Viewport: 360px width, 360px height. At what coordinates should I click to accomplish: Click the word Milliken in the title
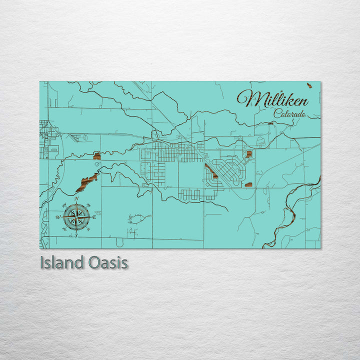pos(273,99)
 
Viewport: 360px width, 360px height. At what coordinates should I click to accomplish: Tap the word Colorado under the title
pos(289,114)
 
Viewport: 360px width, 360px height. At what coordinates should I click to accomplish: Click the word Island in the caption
pos(61,262)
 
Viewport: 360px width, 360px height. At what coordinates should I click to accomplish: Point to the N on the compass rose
pos(76,199)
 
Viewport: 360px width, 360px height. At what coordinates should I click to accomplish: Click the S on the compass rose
pos(76,235)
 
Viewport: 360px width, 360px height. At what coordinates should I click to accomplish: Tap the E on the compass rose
pos(94,217)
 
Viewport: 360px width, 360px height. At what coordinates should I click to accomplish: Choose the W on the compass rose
pos(58,217)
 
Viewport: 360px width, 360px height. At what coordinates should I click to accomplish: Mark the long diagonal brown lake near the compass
pos(87,182)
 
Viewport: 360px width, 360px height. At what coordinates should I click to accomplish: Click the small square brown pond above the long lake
pos(97,156)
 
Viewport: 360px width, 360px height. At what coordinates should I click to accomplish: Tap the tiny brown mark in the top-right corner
pos(309,85)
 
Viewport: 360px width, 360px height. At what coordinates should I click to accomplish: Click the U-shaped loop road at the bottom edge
pos(120,242)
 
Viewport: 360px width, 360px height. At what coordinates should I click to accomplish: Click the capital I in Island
pos(42,262)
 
